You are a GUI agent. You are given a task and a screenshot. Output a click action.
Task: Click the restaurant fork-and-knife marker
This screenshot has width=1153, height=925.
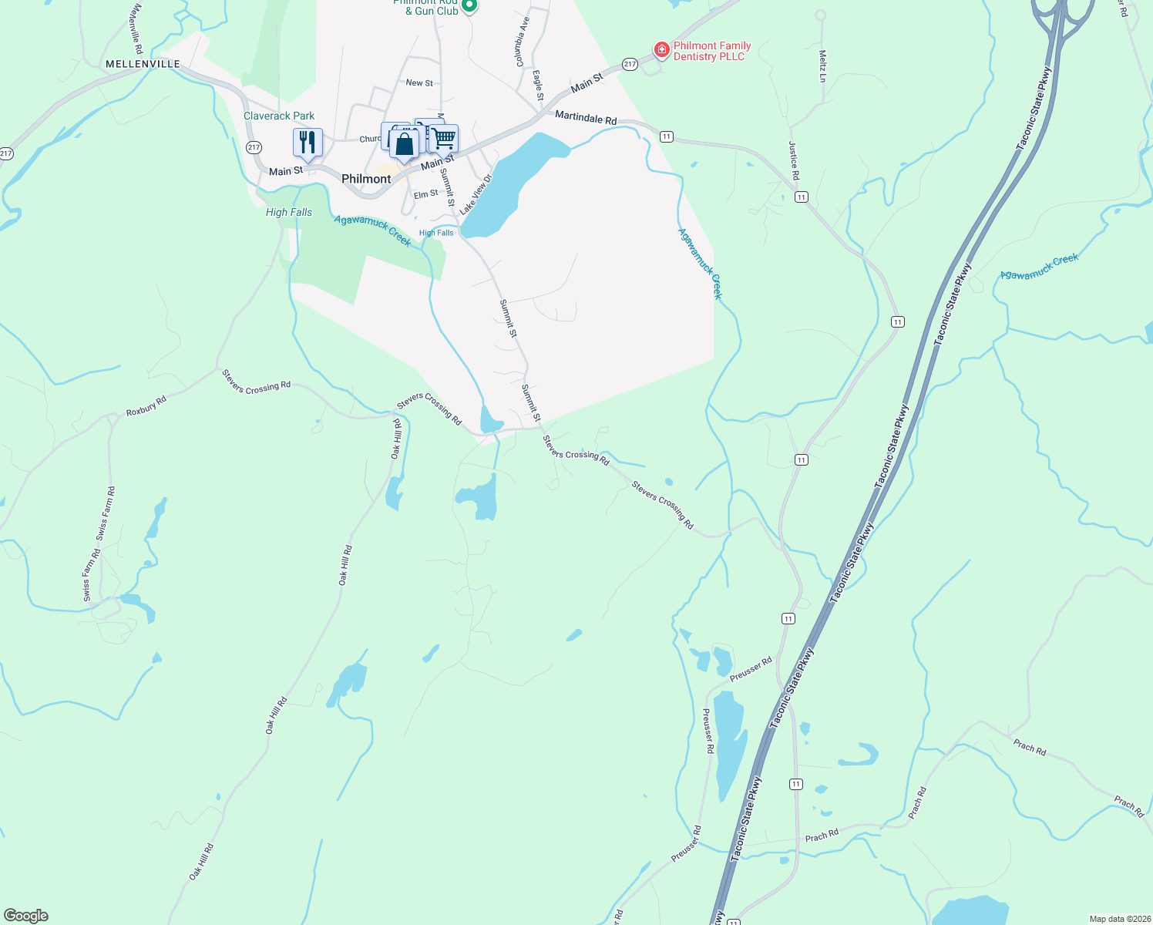click(308, 143)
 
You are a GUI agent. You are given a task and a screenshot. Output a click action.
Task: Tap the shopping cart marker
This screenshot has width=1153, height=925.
click(444, 139)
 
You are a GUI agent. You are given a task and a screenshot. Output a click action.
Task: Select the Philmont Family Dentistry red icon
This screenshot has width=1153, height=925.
click(661, 50)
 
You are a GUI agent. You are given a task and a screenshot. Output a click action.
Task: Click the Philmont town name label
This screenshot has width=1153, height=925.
click(366, 179)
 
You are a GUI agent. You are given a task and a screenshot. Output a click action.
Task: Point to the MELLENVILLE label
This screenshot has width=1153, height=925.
click(143, 64)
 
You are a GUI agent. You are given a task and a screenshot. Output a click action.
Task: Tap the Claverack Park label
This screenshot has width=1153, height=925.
click(279, 116)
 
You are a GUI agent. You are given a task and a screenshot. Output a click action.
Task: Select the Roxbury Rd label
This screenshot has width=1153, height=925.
click(146, 406)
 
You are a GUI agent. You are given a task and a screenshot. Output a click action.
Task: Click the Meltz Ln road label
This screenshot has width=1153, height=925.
click(822, 66)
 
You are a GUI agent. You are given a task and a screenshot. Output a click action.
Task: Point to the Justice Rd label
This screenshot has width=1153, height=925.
click(794, 160)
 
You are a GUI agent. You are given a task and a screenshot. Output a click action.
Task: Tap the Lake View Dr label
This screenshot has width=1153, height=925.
click(476, 194)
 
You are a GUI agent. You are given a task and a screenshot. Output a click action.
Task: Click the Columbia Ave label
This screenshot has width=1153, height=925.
click(522, 42)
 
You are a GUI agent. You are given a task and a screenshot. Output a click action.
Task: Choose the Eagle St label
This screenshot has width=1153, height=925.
click(538, 86)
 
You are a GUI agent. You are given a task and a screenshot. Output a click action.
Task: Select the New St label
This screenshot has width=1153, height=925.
click(419, 82)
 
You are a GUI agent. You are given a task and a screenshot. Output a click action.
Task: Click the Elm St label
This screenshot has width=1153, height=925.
click(425, 194)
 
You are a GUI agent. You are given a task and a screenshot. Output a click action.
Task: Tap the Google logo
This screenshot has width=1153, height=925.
click(26, 916)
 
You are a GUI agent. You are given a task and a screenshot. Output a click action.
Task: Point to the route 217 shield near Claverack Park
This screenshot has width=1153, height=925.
click(254, 147)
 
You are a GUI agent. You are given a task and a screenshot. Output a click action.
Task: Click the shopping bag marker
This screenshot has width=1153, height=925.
click(404, 144)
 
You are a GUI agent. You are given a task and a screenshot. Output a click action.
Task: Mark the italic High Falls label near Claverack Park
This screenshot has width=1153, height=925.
click(289, 212)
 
